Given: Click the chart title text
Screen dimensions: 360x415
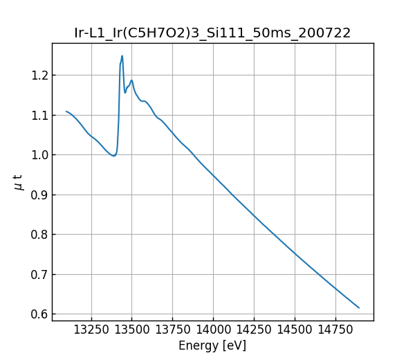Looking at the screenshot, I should click(x=212, y=33).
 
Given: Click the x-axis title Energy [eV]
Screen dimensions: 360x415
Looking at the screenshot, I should click(x=212, y=345).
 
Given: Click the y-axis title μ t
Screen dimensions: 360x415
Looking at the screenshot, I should click(x=18, y=182).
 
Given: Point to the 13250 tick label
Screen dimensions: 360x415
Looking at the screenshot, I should click(x=91, y=330).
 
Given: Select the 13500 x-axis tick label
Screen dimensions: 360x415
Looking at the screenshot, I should click(x=131, y=330).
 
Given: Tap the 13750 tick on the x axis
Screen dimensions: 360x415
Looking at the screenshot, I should click(x=172, y=330).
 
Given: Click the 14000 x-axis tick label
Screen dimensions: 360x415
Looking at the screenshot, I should click(x=213, y=330).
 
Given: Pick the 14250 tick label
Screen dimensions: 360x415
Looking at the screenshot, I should click(x=254, y=330).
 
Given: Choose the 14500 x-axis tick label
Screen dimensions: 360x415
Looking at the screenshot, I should click(x=295, y=330).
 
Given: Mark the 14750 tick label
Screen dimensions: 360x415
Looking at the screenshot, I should click(x=335, y=330).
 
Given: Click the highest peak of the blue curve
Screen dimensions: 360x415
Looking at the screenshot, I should click(x=122, y=56).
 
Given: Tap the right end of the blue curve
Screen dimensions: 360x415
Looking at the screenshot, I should click(x=359, y=307).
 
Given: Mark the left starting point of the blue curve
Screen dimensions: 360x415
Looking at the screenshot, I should click(x=66, y=111).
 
